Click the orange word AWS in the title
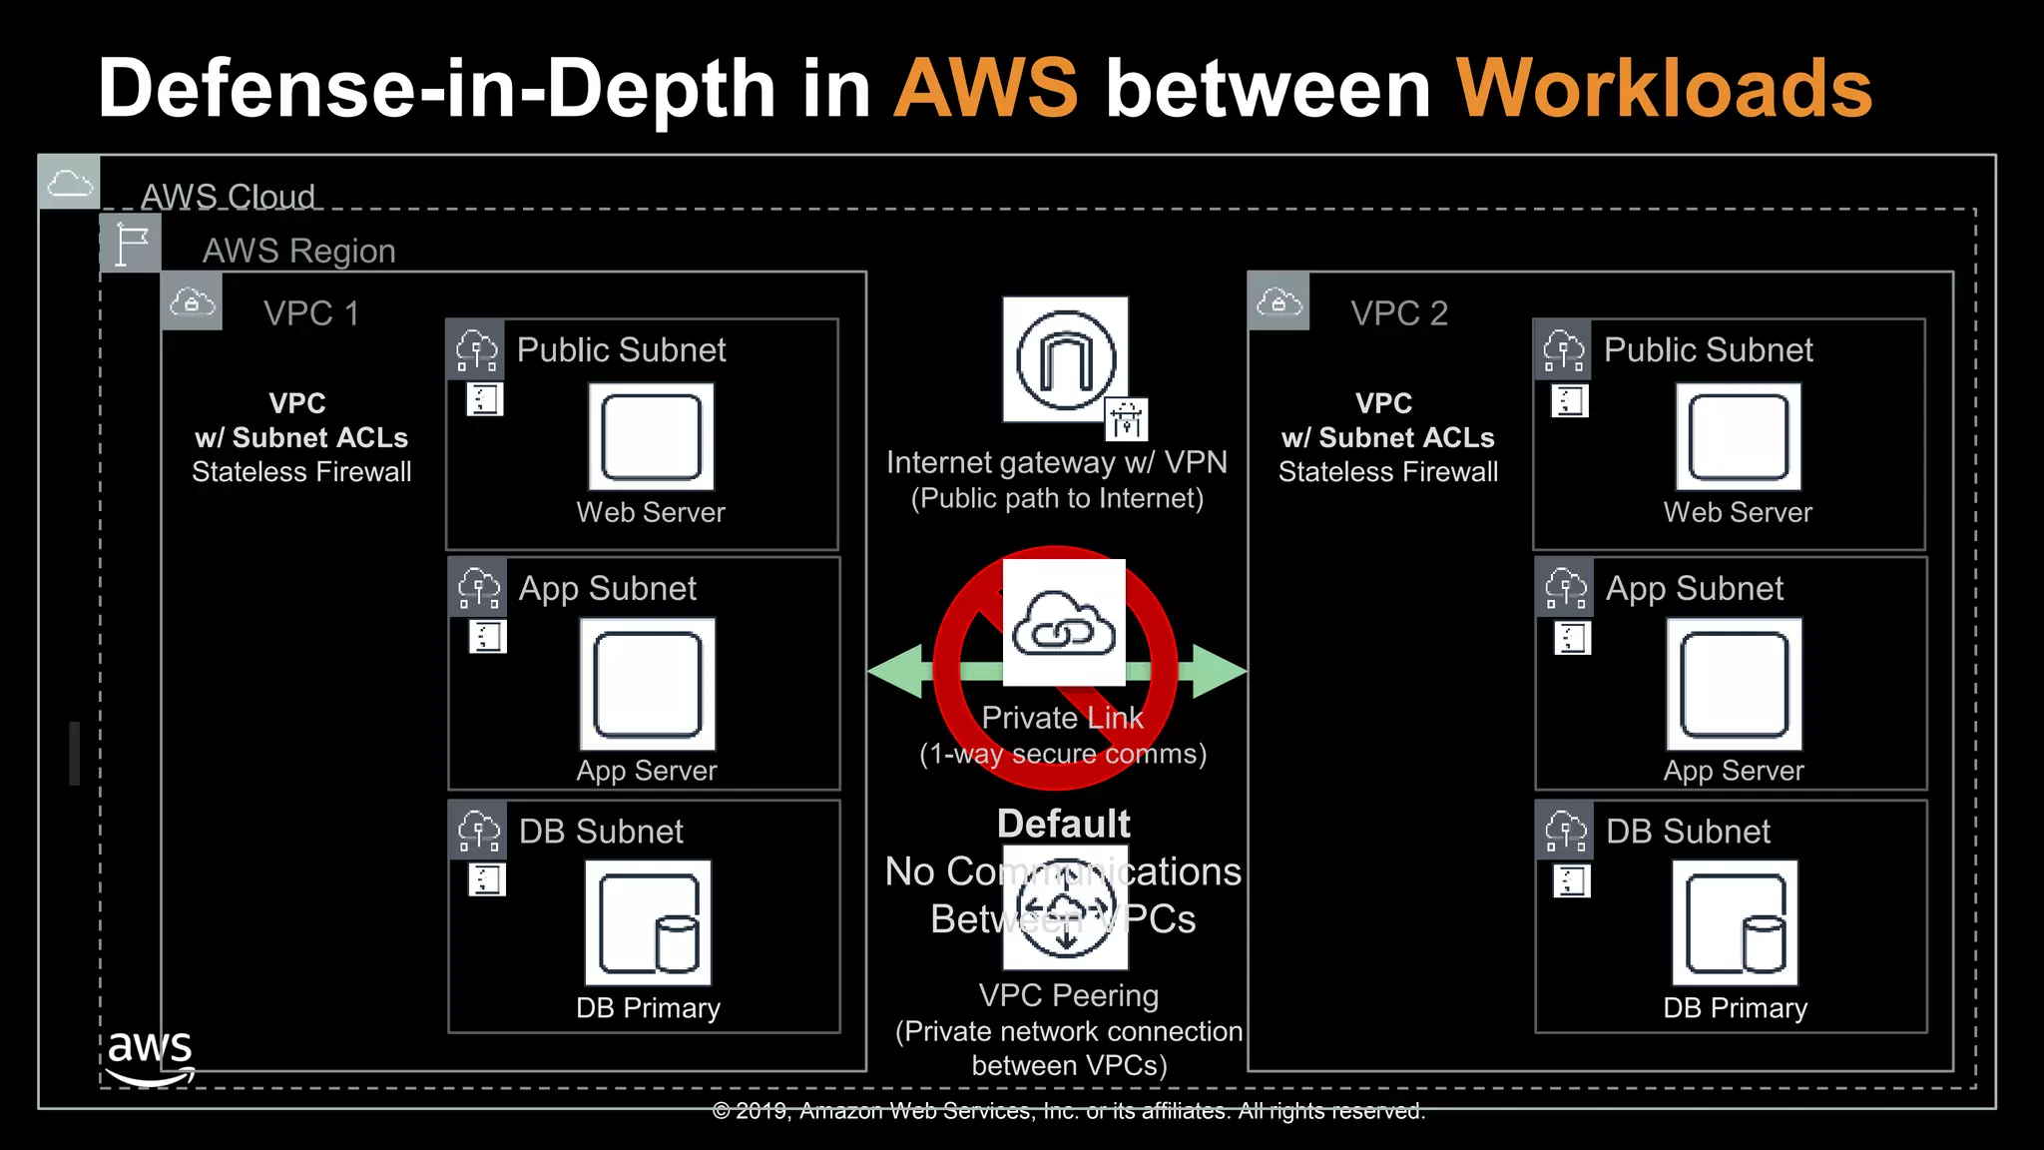986,88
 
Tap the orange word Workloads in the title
1664,88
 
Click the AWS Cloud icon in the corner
69,183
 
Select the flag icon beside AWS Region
131,244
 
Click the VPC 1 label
310,313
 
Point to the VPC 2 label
1398,313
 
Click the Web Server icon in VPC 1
651,436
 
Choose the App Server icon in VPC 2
1734,684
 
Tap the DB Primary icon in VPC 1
649,922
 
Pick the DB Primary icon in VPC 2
1735,922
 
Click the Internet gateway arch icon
1065,359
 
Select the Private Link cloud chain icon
1064,623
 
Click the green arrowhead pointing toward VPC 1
896,671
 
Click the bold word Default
1063,824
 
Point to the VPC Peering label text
1068,995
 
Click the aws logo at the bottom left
150,1056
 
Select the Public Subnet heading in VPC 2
1708,350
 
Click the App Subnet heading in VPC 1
607,589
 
